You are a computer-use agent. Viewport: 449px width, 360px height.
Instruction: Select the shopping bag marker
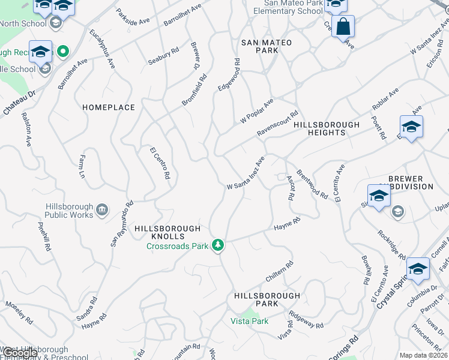tap(343, 26)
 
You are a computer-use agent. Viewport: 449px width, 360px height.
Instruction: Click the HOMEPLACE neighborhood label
tap(109, 107)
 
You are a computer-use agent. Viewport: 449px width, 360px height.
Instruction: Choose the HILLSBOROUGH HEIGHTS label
tap(327, 128)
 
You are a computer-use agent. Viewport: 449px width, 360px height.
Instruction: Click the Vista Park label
tap(250, 321)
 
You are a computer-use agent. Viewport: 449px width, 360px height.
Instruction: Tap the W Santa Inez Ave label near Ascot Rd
tap(246, 173)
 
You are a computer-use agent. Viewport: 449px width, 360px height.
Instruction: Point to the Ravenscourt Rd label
tap(278, 123)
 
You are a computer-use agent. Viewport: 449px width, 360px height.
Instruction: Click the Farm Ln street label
tap(82, 167)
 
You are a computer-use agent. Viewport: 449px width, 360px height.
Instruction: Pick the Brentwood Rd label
tap(312, 184)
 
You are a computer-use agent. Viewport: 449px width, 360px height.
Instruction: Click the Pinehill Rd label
tap(44, 237)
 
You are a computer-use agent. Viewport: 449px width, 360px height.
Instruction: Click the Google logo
tap(20, 353)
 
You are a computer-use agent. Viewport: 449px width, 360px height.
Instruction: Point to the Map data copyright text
tap(423, 355)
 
